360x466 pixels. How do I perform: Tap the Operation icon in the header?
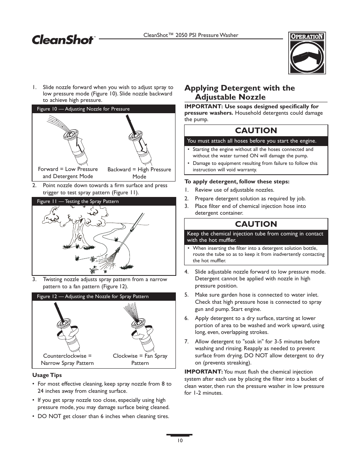pos(307,53)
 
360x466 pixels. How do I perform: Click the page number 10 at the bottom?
pos(180,441)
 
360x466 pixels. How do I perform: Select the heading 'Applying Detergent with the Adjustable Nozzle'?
pos(239,92)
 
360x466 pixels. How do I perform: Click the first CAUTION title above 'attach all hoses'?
pos(256,131)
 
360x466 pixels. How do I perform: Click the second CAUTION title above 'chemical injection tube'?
pos(256,224)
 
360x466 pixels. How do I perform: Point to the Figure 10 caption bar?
pos(103,109)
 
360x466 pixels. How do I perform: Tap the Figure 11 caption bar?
pos(103,201)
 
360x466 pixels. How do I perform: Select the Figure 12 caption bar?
pos(103,297)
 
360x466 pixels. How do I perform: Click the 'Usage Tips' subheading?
pos(47,375)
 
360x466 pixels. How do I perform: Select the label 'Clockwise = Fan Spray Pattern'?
pos(140,359)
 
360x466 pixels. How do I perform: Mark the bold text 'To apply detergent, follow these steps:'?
pos(237,181)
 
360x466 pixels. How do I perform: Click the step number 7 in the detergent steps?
pos(186,341)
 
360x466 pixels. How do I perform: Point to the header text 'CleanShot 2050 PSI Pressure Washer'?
pos(191,35)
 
